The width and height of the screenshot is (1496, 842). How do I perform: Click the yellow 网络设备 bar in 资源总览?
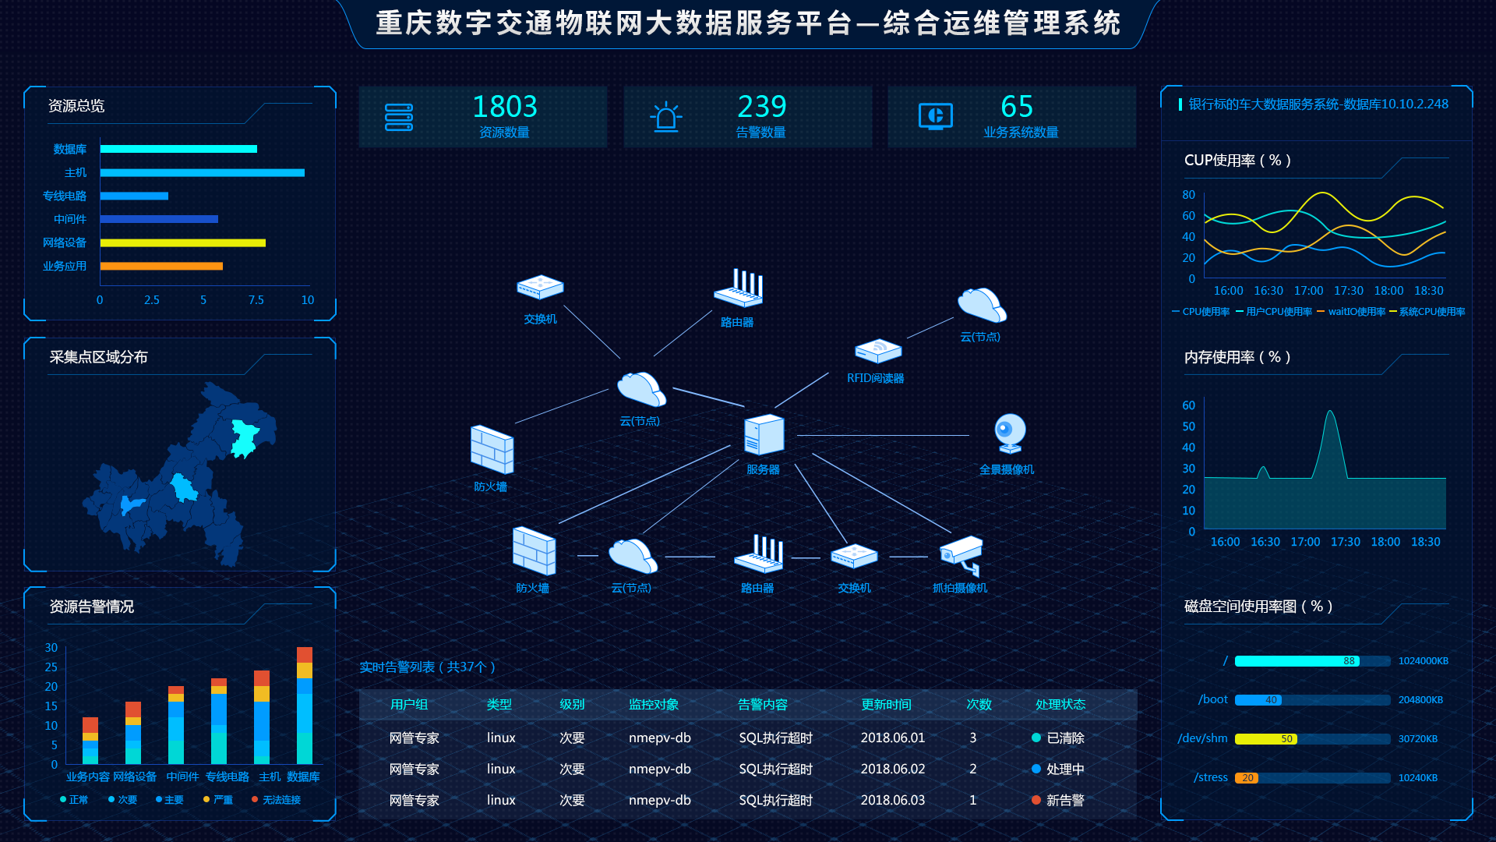point(182,243)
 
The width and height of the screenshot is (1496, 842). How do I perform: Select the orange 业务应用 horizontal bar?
point(161,267)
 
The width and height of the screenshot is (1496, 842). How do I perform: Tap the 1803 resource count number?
point(505,107)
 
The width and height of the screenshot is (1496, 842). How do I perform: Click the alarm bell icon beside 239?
point(666,118)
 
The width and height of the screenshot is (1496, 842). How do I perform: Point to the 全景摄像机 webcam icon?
point(1010,433)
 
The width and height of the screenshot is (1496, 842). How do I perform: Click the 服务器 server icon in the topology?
point(764,435)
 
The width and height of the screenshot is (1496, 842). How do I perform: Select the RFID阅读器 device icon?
point(878,351)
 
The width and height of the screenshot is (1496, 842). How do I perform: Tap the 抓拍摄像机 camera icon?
point(961,555)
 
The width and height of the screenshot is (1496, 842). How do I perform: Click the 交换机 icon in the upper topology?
point(540,287)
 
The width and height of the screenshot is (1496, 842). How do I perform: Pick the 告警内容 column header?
point(762,705)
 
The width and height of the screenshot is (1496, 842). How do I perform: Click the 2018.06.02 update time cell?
point(893,769)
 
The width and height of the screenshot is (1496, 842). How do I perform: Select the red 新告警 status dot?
point(1036,800)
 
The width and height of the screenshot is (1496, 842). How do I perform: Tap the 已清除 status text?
point(1065,738)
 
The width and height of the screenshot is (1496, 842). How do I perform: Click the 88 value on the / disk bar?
point(1349,661)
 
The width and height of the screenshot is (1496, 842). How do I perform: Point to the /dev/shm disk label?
point(1202,738)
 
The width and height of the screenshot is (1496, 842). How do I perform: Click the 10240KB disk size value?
point(1417,778)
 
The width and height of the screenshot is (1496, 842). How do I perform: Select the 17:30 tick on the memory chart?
point(1346,542)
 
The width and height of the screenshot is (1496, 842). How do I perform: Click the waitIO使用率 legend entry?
point(1356,312)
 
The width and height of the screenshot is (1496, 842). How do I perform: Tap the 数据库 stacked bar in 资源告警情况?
point(305,706)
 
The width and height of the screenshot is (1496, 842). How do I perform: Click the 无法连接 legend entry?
point(280,800)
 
